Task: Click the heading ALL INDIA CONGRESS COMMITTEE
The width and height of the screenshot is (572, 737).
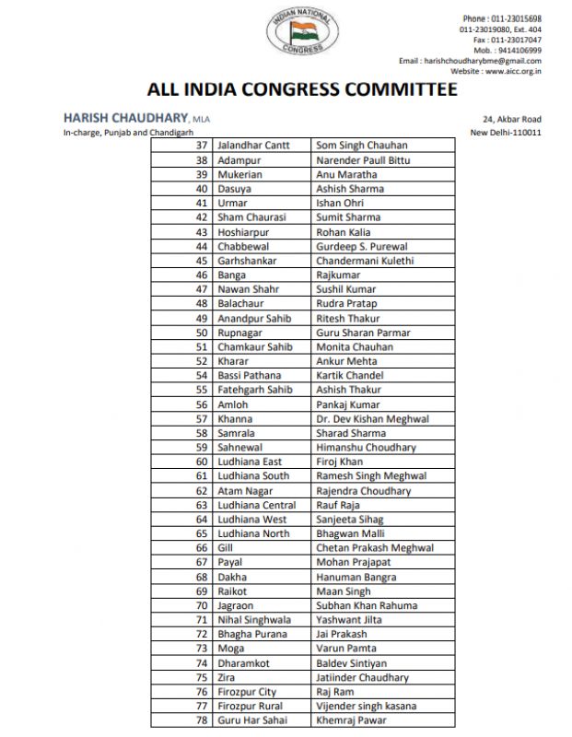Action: [x=302, y=89]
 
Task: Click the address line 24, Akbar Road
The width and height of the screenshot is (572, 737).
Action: [x=511, y=120]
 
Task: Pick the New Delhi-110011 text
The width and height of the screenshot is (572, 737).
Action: [x=505, y=133]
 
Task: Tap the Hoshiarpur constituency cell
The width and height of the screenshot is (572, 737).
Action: [x=244, y=232]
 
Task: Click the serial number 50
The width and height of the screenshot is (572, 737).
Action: [x=201, y=333]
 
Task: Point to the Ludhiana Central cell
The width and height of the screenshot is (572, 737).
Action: [x=257, y=505]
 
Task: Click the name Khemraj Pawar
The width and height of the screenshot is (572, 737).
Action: [x=353, y=719]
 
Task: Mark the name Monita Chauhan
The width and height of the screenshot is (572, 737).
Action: [x=354, y=347]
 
